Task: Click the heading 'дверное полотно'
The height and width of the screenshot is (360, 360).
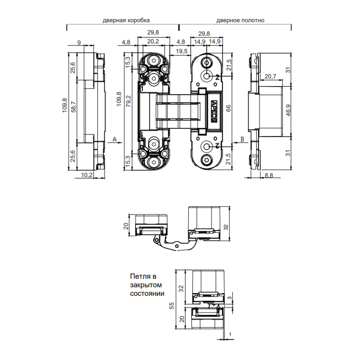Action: (x=240, y=20)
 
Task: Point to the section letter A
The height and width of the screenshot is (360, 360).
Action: (x=114, y=139)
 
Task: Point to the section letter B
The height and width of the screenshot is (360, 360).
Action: (x=242, y=139)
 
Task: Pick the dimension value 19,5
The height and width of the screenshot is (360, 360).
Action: (x=181, y=51)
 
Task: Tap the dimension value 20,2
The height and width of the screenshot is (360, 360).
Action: (x=153, y=42)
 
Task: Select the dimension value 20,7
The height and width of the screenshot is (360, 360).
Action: (x=270, y=76)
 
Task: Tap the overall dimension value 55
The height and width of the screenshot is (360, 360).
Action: (x=172, y=306)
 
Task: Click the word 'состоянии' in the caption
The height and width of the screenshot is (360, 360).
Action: (x=147, y=293)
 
